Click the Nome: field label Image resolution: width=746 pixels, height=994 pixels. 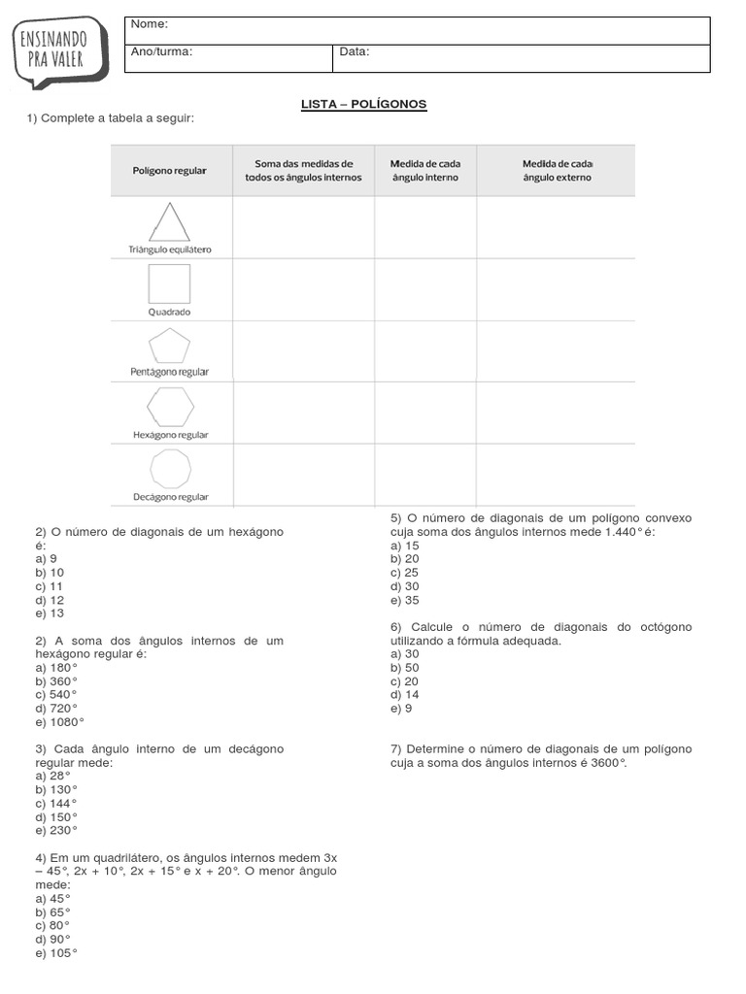150,23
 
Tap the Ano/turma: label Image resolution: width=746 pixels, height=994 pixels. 162,51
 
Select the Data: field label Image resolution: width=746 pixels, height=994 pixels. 355,51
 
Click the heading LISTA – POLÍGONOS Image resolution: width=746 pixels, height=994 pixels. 364,104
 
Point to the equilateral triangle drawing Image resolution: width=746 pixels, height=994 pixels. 169,222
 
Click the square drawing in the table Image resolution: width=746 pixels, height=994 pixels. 169,284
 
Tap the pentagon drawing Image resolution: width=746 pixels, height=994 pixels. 169,347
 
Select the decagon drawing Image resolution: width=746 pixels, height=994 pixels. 169,470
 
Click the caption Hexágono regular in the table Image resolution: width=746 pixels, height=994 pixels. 170,436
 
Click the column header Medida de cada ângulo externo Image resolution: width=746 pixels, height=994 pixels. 557,171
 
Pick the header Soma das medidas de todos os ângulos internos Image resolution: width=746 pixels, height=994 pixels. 303,171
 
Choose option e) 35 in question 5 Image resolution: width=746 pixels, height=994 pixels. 405,600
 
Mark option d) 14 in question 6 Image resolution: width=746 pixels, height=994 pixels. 405,695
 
